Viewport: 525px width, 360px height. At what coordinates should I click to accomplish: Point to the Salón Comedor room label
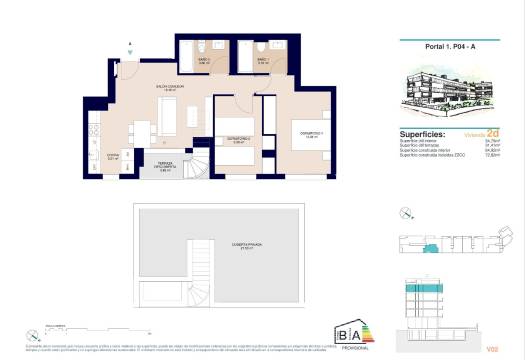[153, 88]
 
